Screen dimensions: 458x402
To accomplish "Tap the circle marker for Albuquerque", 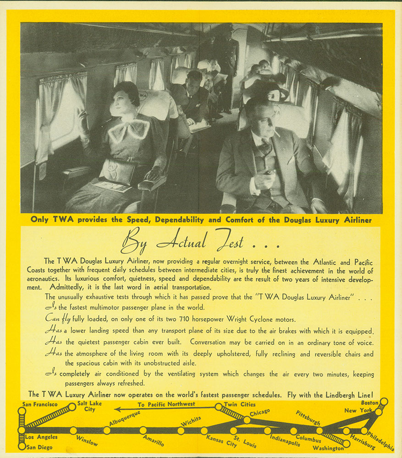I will click(x=107, y=430).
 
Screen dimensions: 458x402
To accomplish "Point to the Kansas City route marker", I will click(x=204, y=430).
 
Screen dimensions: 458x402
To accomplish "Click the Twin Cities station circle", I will click(x=218, y=406).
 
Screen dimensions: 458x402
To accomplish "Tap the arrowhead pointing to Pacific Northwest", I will click(x=118, y=409).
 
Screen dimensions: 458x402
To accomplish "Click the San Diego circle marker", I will click(x=22, y=446).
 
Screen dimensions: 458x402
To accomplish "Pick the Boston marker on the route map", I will click(x=384, y=402).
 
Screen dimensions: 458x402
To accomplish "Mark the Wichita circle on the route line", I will click(x=181, y=430).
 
